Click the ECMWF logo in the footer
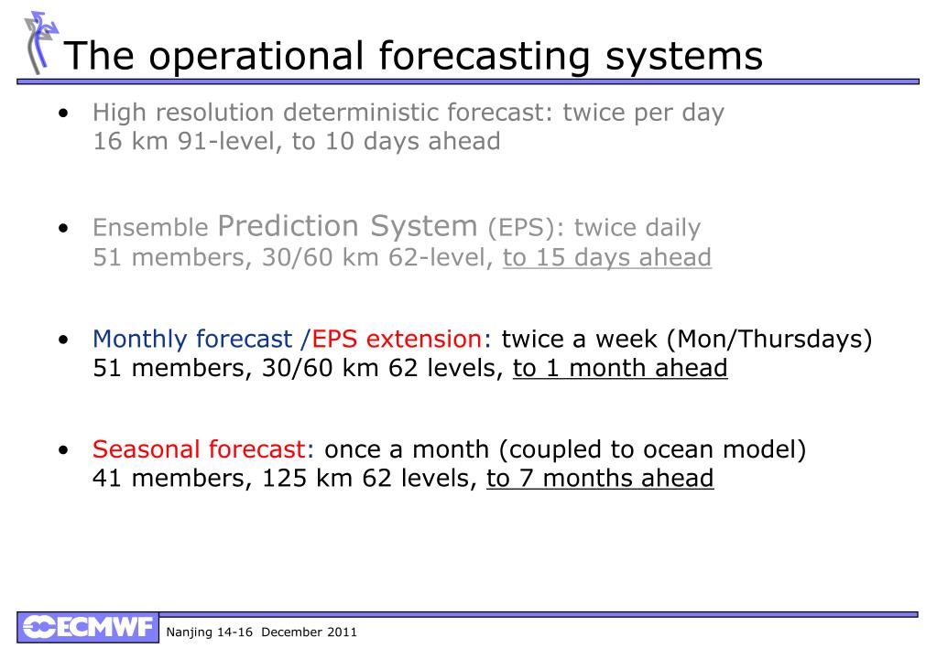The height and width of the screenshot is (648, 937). [x=88, y=627]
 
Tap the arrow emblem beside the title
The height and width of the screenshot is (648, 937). [x=40, y=42]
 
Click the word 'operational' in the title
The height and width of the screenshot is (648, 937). [x=256, y=56]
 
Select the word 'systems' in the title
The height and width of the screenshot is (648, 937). [x=684, y=58]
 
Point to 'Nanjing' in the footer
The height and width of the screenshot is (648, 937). [x=189, y=632]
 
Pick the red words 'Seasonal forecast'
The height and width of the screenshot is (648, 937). [x=199, y=449]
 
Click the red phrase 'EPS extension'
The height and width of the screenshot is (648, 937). [x=397, y=340]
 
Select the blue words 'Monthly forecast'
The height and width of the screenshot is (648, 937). [x=192, y=340]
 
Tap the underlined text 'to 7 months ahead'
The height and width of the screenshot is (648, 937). [x=600, y=479]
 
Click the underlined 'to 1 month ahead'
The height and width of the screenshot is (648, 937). [x=620, y=368]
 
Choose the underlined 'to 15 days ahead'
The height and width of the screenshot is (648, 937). [x=607, y=257]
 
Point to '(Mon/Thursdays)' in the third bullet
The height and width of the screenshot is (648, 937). [x=769, y=340]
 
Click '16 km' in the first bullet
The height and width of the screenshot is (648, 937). [x=130, y=142]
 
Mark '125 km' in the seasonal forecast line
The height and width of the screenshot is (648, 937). [x=307, y=479]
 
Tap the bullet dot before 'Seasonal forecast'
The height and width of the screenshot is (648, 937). [x=64, y=449]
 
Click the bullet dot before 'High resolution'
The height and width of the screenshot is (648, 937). [x=64, y=113]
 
